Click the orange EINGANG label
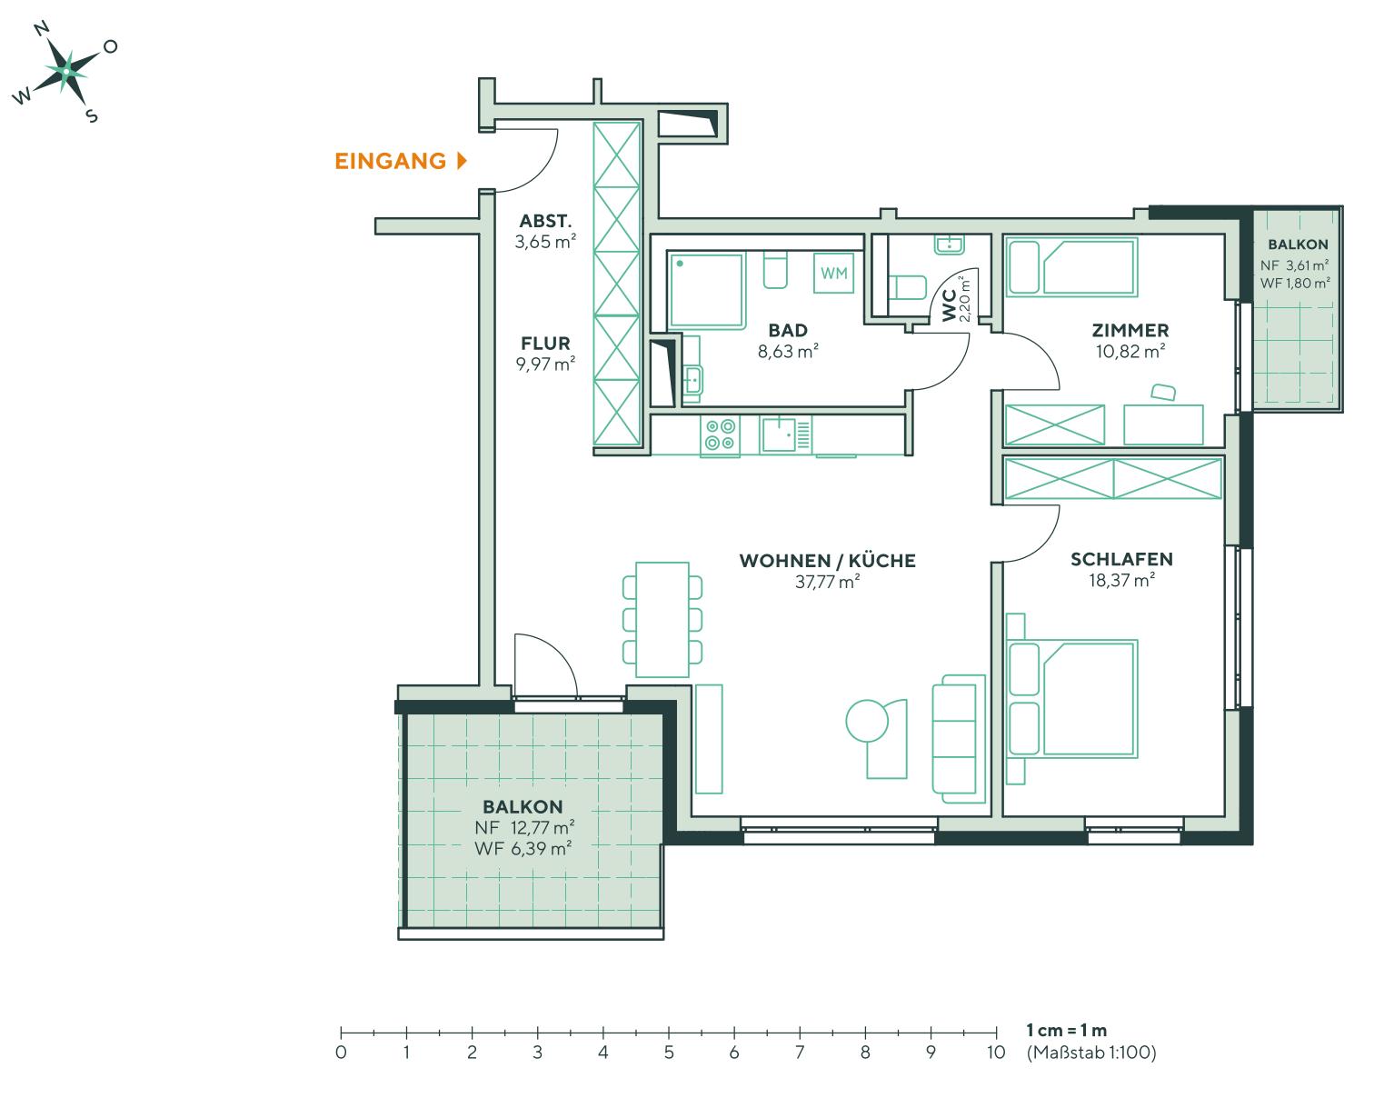(x=391, y=162)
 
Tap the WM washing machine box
(x=833, y=273)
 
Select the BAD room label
(x=787, y=330)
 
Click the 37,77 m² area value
(x=827, y=582)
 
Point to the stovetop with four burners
(x=720, y=434)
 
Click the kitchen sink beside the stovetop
(x=780, y=434)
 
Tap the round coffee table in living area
(x=867, y=722)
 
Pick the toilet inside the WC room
(x=906, y=287)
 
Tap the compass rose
(x=67, y=71)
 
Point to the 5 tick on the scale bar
(x=669, y=1033)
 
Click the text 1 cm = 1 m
(x=1066, y=1030)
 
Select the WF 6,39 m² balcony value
(x=523, y=848)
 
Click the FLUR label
(x=545, y=344)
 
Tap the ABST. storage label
(x=545, y=221)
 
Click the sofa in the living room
(x=960, y=738)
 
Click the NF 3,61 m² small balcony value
(x=1295, y=265)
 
